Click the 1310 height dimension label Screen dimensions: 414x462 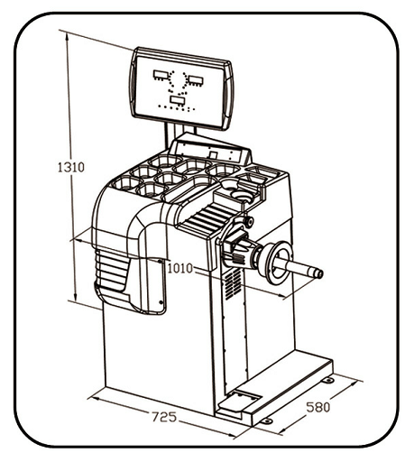71,167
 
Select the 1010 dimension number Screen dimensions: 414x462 179,268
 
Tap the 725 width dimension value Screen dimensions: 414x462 164,417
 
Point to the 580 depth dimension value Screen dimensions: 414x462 317,407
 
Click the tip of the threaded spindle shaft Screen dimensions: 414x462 320,273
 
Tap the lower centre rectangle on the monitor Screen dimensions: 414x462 178,100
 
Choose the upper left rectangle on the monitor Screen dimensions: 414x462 161,75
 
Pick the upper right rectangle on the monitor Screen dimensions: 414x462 196,80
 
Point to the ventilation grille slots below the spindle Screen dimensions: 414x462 233,283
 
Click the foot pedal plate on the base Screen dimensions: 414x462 244,398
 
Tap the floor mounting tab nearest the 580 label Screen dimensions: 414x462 328,380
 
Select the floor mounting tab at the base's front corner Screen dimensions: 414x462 266,421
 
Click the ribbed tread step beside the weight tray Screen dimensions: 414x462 206,216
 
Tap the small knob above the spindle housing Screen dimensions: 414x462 249,222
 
